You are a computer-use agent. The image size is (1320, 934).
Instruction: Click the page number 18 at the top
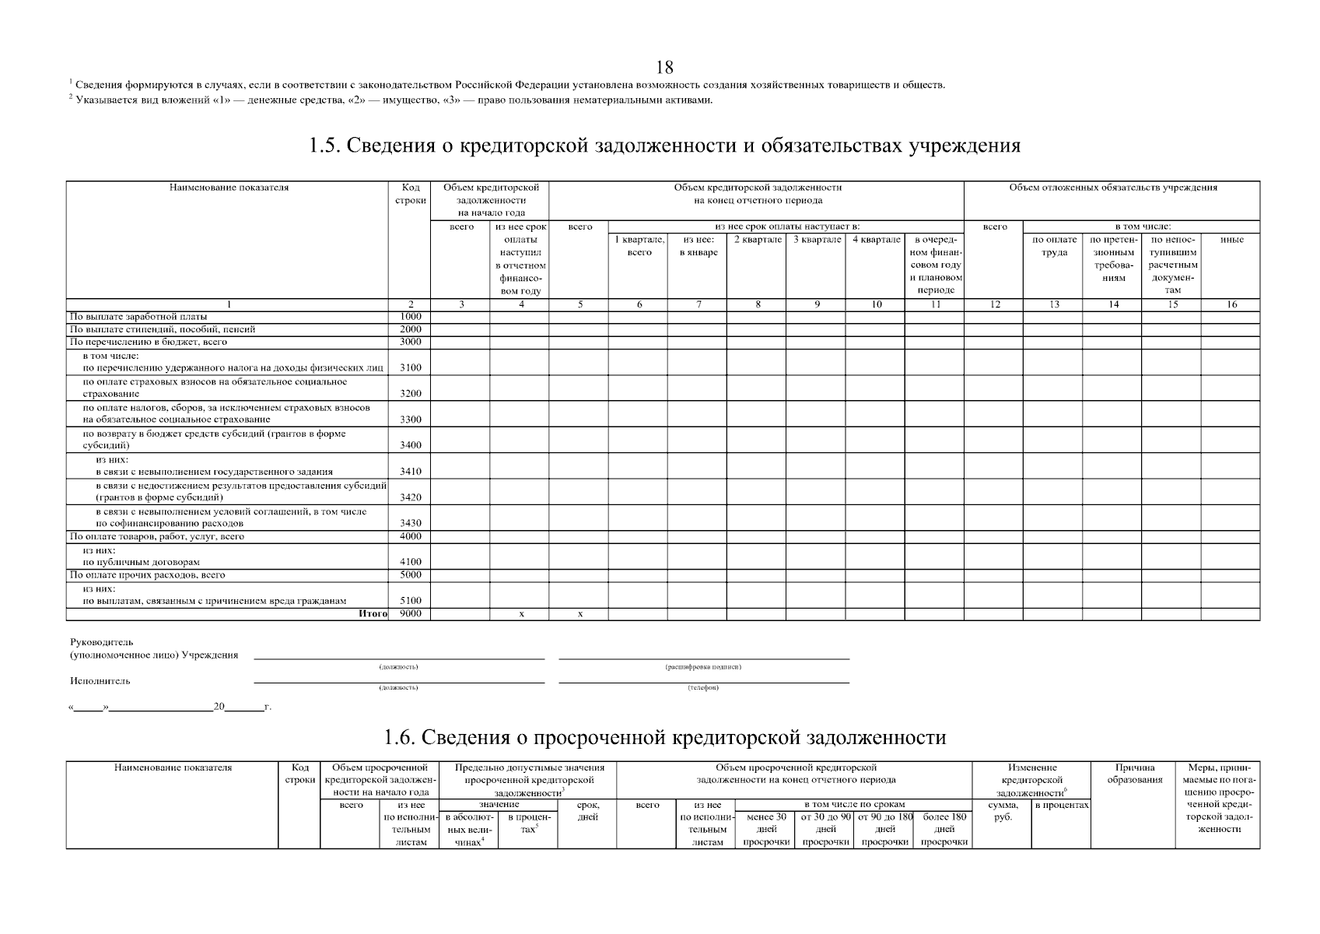(664, 68)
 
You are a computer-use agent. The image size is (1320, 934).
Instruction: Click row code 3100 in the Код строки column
(410, 367)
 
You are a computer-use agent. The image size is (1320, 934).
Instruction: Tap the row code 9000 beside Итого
(410, 614)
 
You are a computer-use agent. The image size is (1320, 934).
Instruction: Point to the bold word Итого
(373, 614)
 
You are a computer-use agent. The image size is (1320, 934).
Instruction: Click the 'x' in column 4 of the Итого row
(520, 615)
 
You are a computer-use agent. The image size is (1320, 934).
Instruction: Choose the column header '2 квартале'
(757, 240)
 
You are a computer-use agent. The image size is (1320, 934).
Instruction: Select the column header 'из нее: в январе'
(698, 246)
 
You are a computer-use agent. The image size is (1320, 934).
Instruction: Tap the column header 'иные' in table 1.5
(1231, 240)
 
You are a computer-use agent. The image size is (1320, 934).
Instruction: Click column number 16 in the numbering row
(1231, 305)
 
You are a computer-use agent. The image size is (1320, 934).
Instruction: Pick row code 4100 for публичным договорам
(410, 562)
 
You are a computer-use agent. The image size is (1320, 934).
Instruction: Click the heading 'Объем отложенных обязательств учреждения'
(1112, 188)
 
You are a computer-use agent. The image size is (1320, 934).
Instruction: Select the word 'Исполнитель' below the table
(100, 681)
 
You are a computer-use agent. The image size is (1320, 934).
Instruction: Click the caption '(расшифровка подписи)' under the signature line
(703, 667)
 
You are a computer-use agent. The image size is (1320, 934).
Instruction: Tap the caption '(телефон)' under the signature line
(703, 688)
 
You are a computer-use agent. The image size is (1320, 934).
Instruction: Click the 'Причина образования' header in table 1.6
(1134, 774)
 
